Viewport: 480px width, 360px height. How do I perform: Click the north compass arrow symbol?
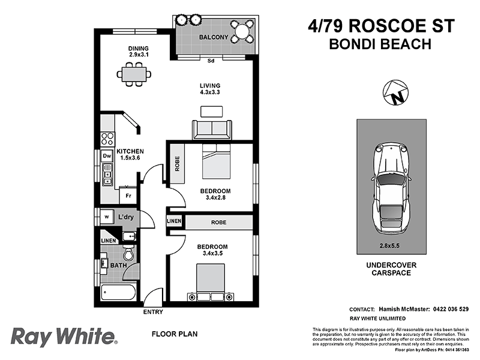click(x=395, y=93)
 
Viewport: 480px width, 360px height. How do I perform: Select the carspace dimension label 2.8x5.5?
click(x=391, y=245)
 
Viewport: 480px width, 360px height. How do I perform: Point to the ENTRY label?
click(x=153, y=312)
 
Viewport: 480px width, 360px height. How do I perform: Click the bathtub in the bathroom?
click(x=119, y=293)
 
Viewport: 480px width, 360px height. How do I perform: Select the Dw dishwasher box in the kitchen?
click(x=107, y=156)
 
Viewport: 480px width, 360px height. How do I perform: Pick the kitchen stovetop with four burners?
click(x=107, y=139)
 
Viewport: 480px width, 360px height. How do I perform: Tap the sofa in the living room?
click(x=212, y=129)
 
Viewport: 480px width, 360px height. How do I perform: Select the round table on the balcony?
click(x=244, y=31)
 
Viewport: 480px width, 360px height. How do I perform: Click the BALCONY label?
click(x=214, y=38)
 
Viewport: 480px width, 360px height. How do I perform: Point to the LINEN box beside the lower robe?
click(x=175, y=221)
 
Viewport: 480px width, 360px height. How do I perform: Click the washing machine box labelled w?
click(x=106, y=216)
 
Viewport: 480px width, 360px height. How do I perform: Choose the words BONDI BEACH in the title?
click(x=380, y=44)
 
